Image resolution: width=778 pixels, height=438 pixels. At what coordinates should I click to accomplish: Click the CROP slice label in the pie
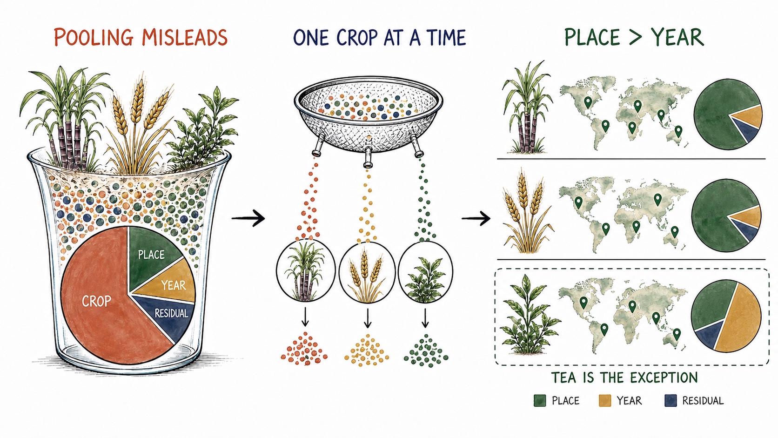tap(97, 301)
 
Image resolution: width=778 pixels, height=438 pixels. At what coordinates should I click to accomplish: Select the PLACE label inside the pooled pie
tap(151, 255)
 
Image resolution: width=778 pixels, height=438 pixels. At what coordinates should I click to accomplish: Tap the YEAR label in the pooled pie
tap(174, 285)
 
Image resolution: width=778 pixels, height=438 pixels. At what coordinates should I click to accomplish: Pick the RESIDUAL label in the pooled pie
tap(171, 313)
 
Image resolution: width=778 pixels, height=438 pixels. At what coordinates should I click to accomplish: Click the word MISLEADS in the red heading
tap(185, 37)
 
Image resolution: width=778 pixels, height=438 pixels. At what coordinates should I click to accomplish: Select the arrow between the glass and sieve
tap(248, 218)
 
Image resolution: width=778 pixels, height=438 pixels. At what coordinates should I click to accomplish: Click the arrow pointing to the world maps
tap(476, 218)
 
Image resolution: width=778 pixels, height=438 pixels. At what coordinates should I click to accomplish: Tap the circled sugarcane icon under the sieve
tap(306, 270)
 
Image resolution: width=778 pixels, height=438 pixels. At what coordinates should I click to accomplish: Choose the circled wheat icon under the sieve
tap(367, 272)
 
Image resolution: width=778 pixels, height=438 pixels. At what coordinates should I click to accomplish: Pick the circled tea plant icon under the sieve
tap(425, 272)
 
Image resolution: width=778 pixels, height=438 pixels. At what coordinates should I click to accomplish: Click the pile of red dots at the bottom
tap(304, 349)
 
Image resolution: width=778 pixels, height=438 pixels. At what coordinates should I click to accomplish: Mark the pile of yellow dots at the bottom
tap(366, 350)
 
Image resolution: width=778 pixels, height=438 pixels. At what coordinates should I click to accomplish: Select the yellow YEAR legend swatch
tap(605, 400)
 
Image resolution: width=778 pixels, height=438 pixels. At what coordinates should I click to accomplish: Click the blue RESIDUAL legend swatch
tap(671, 400)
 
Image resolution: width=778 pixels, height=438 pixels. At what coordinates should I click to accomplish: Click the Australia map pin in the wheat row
tap(675, 231)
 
